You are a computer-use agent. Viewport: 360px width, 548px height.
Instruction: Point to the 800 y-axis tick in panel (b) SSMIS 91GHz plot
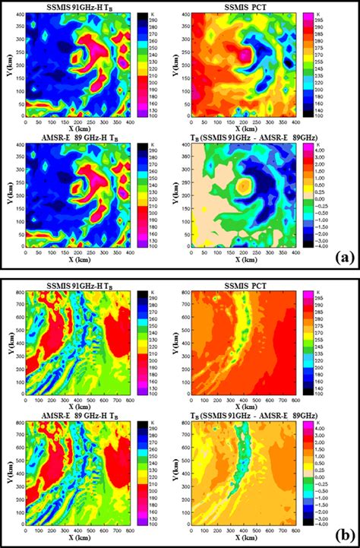coord(17,293)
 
